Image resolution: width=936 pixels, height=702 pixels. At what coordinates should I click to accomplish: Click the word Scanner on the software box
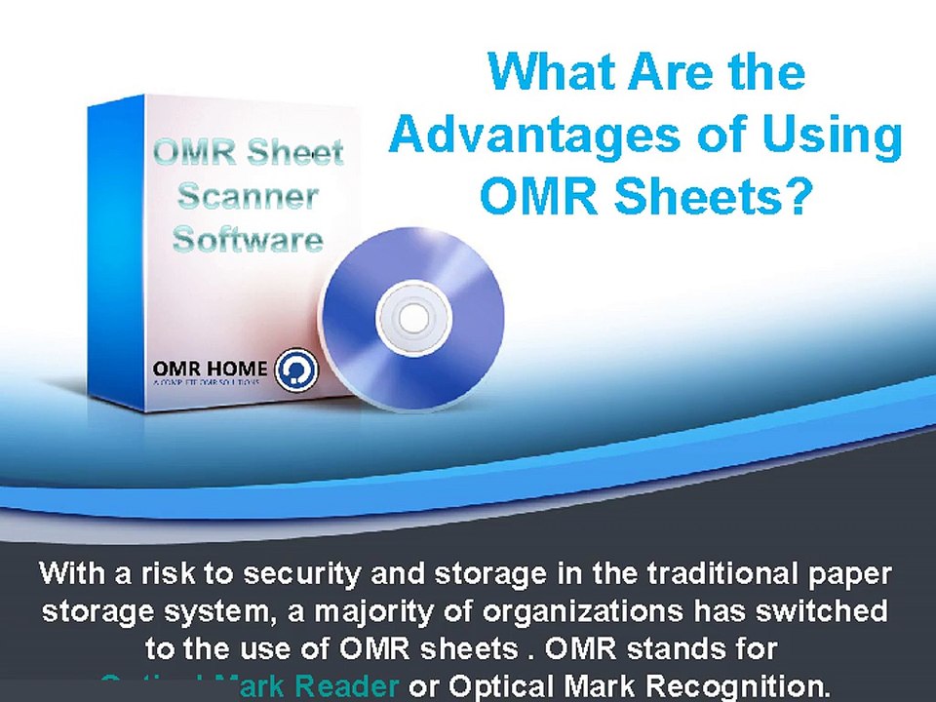point(248,197)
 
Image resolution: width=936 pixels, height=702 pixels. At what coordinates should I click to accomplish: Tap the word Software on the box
point(248,239)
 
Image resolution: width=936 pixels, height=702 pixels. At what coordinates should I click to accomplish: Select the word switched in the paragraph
point(827,611)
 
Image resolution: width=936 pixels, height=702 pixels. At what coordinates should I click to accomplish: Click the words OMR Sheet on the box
point(248,153)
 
